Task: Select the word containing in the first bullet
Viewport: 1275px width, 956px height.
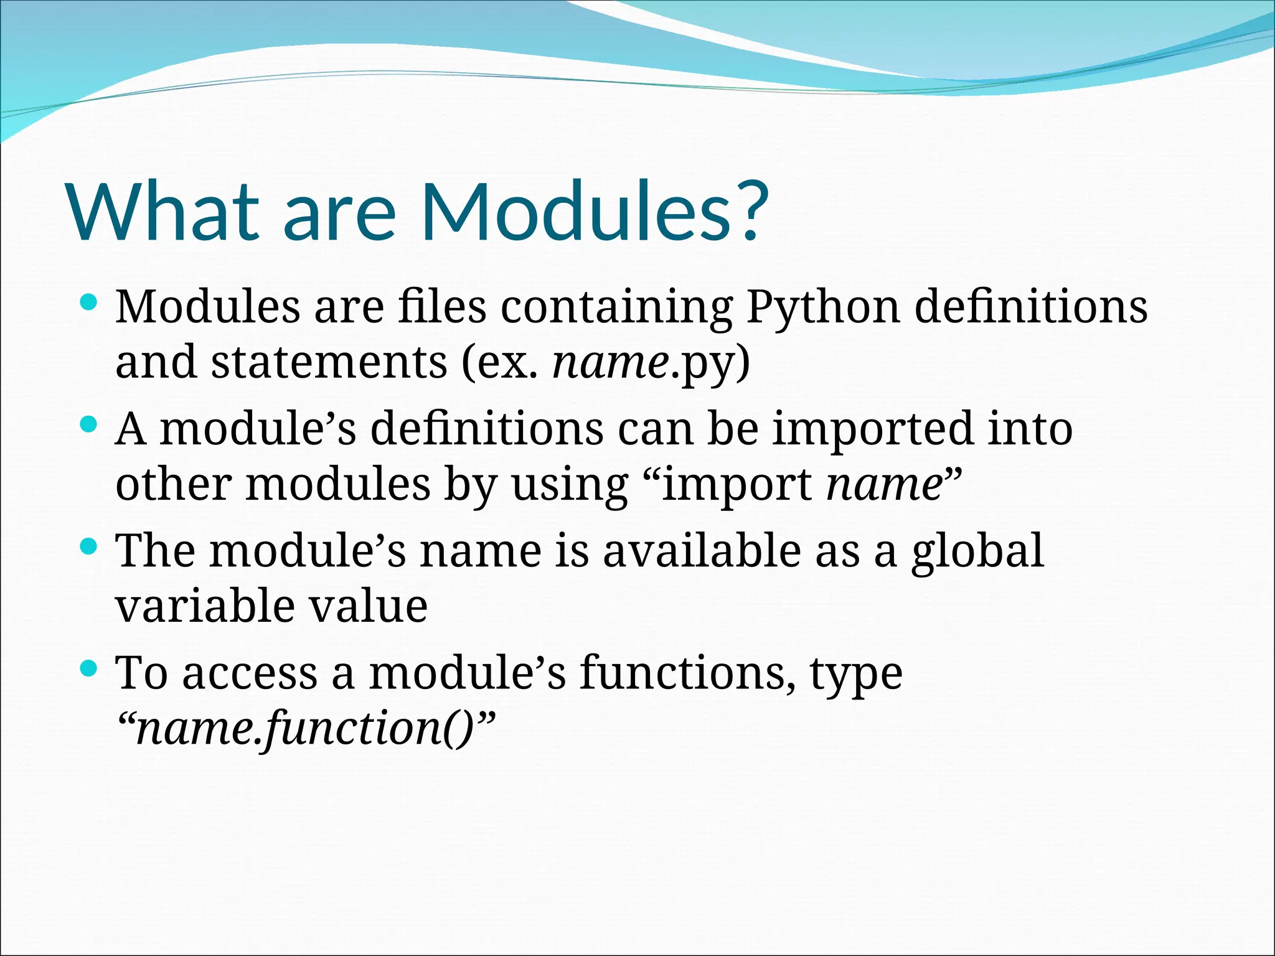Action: coord(616,307)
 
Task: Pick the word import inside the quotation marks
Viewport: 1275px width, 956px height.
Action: coord(736,485)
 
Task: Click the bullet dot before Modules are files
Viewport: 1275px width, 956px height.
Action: coord(90,304)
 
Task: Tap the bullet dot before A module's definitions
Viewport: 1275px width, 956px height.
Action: coord(90,426)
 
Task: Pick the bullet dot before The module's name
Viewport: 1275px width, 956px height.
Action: coord(90,548)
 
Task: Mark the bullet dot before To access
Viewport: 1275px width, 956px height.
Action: coord(90,670)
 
